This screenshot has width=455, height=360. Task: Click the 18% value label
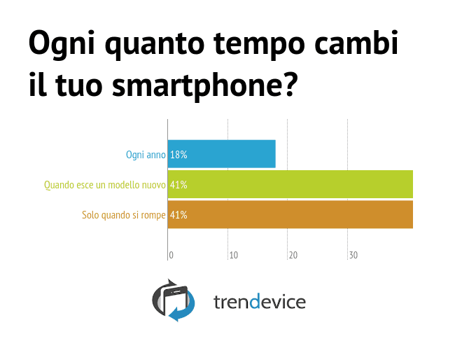click(178, 155)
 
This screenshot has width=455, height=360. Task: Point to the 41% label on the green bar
click(178, 185)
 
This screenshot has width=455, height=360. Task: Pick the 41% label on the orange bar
click(178, 215)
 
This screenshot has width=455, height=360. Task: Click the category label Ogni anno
click(146, 155)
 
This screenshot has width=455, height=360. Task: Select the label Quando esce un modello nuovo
click(104, 185)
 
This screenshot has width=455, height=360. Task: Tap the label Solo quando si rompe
click(124, 215)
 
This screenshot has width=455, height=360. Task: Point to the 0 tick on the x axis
click(171, 256)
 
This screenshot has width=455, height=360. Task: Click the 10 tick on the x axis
click(234, 256)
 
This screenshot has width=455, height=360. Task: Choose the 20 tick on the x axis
click(293, 256)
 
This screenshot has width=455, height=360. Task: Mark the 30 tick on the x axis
click(353, 256)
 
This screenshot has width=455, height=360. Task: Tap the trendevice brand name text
click(259, 302)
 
